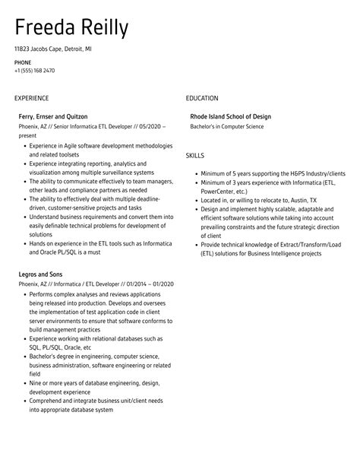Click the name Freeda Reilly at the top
tap(71, 27)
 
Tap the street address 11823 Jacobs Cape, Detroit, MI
tap(52, 48)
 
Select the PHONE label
tap(23, 62)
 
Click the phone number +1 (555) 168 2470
tap(34, 71)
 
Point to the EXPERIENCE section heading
tap(32, 98)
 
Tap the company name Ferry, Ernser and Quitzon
tap(54, 116)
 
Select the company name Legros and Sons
tap(40, 274)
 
